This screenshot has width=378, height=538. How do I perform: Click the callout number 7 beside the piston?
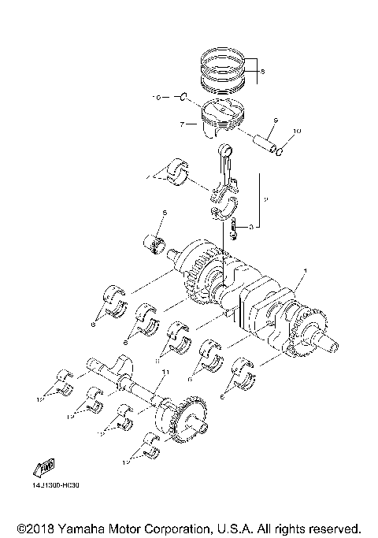coord(182,124)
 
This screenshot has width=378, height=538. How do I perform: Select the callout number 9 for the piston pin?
coord(275,121)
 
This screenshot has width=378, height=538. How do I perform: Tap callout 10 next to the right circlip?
coord(297,131)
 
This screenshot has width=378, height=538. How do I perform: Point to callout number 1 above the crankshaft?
coord(303,270)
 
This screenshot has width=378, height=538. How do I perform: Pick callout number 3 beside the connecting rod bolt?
coord(250,226)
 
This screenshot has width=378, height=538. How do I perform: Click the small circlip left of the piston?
coord(182,98)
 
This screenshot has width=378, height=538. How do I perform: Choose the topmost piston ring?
coord(226,58)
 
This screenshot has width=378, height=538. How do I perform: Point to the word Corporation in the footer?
coord(169,527)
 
